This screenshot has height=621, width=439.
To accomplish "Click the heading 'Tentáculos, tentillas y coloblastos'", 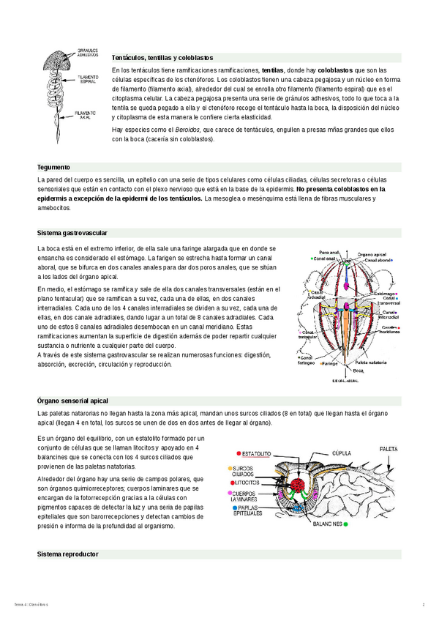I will (x=162, y=56).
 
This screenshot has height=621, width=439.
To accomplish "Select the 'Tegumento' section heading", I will (x=53, y=167).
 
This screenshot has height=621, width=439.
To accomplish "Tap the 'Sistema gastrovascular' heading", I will (x=72, y=233).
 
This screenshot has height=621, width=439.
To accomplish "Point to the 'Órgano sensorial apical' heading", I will (x=72, y=401).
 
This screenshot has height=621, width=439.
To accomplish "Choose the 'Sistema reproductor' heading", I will (x=67, y=554).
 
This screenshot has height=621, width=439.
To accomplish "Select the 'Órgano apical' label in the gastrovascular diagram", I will (x=371, y=253).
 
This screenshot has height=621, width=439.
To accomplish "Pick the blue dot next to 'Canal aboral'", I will (x=393, y=259).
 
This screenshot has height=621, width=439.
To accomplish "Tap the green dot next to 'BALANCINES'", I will (x=324, y=524).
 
